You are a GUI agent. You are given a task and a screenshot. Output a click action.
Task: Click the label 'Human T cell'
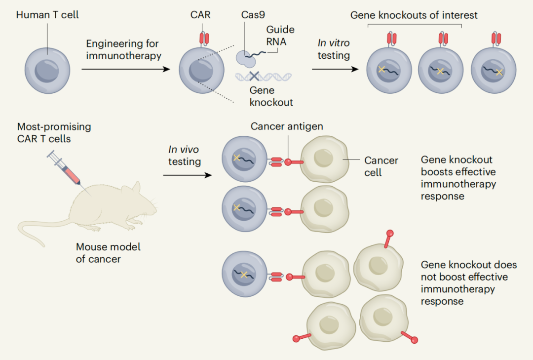click(x=47, y=15)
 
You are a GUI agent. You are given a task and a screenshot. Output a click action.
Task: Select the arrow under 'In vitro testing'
click(x=335, y=70)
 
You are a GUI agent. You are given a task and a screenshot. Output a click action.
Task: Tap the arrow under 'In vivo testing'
click(x=188, y=175)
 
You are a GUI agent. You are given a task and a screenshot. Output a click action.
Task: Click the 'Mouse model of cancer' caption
click(x=108, y=252)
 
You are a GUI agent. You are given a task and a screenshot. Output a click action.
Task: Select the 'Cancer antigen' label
click(x=287, y=126)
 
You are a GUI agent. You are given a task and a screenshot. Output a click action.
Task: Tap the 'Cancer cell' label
click(x=381, y=166)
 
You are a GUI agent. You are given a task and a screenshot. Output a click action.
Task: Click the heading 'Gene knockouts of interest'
click(x=414, y=15)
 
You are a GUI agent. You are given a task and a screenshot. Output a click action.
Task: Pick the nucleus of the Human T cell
click(x=47, y=71)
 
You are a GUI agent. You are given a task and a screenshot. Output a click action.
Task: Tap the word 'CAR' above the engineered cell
click(x=200, y=15)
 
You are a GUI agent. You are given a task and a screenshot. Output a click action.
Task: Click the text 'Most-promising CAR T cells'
click(x=54, y=132)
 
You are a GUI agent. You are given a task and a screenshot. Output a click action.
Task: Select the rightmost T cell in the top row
click(x=494, y=70)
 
